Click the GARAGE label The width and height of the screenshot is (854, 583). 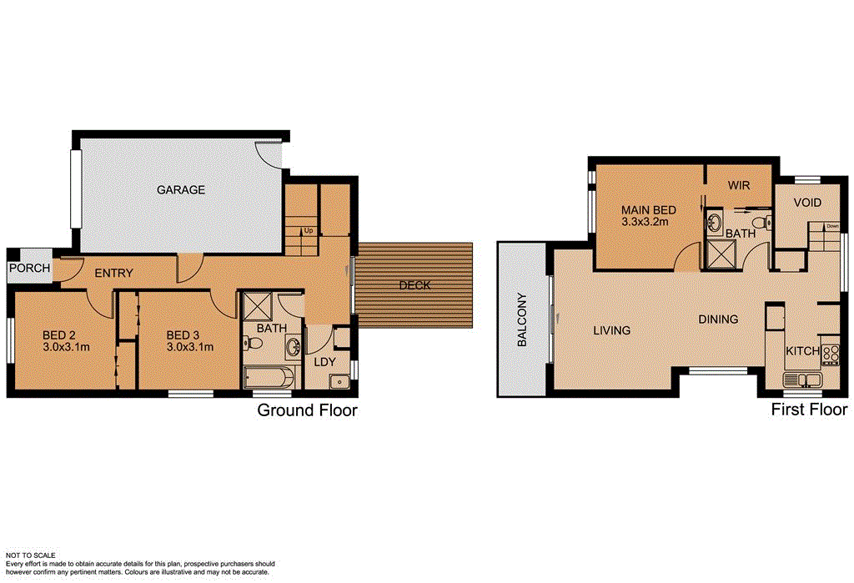pyautogui.click(x=181, y=190)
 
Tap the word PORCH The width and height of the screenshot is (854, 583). pyautogui.click(x=30, y=269)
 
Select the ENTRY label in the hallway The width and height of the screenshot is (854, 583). pyautogui.click(x=114, y=274)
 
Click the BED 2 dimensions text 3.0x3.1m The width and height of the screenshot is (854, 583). pyautogui.click(x=66, y=347)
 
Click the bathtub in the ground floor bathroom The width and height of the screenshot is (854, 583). pyautogui.click(x=267, y=377)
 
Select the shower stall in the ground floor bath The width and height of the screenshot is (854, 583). pyautogui.click(x=257, y=305)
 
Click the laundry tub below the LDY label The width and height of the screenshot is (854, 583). pyautogui.click(x=339, y=382)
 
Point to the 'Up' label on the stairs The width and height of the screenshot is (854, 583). pyautogui.click(x=309, y=230)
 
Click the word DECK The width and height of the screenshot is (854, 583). pyautogui.click(x=414, y=285)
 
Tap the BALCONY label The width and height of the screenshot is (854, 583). pyautogui.click(x=522, y=319)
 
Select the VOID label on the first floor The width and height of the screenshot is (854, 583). pyautogui.click(x=807, y=203)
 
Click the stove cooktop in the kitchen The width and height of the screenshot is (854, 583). pyautogui.click(x=830, y=354)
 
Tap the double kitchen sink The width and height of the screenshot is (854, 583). pyautogui.click(x=801, y=380)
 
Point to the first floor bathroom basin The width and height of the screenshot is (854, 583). pyautogui.click(x=716, y=223)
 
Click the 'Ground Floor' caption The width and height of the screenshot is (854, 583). pyautogui.click(x=307, y=410)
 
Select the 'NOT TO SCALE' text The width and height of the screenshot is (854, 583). pyautogui.click(x=31, y=555)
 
